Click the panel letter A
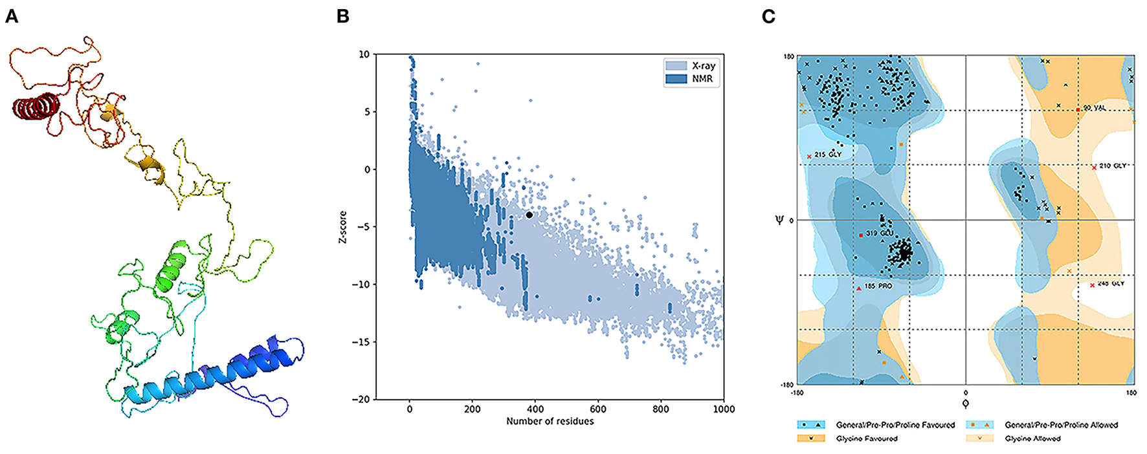pyautogui.click(x=11, y=16)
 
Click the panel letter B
pyautogui.click(x=343, y=16)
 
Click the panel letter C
pyautogui.click(x=768, y=16)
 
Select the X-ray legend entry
pyautogui.click(x=703, y=66)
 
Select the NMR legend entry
pyautogui.click(x=702, y=79)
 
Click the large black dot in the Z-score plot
pyautogui.click(x=529, y=215)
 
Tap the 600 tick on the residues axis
pyautogui.click(x=598, y=409)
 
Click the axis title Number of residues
pyautogui.click(x=550, y=421)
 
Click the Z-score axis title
pyautogui.click(x=342, y=227)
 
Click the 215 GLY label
pyautogui.click(x=828, y=155)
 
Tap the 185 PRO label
pyautogui.click(x=878, y=286)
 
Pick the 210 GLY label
pyautogui.click(x=1112, y=166)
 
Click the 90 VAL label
pyautogui.click(x=1094, y=108)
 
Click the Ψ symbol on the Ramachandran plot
pyautogui.click(x=780, y=220)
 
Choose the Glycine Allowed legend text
pyautogui.click(x=1032, y=438)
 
